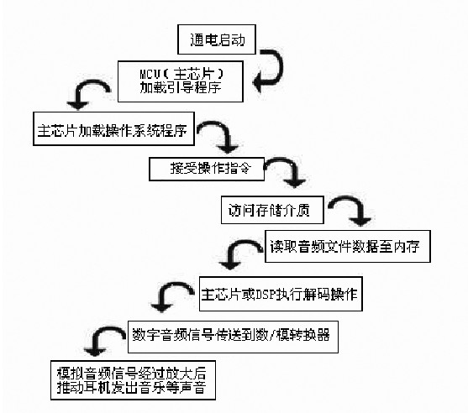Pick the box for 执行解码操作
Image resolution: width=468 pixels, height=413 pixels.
pyautogui.click(x=281, y=295)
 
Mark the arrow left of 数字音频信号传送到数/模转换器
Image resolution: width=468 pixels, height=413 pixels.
pyautogui.click(x=104, y=337)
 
